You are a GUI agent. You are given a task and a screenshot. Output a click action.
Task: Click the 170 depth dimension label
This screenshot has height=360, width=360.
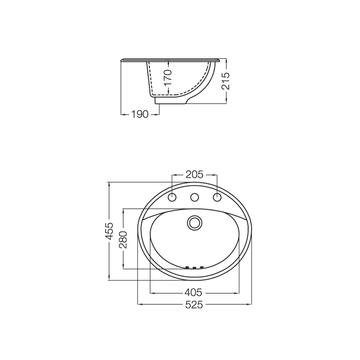[x=168, y=78]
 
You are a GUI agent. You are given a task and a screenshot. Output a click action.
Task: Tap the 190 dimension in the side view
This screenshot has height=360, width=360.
[x=140, y=114]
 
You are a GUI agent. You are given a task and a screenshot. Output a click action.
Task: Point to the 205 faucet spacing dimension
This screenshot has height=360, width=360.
[x=194, y=174]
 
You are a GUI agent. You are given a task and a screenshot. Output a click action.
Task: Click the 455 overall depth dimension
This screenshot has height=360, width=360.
[x=109, y=231]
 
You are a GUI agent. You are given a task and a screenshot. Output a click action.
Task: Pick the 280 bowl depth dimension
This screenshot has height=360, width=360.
[x=123, y=239]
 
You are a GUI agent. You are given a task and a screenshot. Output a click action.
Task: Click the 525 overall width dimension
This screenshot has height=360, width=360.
[x=194, y=305]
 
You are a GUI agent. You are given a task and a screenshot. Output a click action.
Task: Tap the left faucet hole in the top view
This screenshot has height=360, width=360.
[x=172, y=197]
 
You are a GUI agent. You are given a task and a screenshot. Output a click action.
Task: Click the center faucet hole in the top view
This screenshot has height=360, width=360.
[x=195, y=197]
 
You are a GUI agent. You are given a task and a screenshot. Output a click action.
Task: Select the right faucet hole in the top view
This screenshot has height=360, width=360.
[x=217, y=197]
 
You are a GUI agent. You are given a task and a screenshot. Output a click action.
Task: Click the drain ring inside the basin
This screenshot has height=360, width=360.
[x=195, y=222]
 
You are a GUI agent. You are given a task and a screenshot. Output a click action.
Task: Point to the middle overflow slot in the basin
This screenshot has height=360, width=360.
[x=194, y=267]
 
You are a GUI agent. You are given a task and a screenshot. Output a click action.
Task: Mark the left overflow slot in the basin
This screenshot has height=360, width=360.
[x=187, y=267]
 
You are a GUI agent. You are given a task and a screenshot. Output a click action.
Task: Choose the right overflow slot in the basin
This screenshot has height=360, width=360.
[x=202, y=267]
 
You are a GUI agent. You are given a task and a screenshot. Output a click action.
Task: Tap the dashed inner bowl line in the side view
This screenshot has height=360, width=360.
[x=150, y=80]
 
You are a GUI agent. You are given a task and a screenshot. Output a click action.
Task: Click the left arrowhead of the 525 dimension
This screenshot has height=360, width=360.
[x=139, y=305]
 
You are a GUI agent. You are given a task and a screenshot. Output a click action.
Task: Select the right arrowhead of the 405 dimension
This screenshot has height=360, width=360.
[x=237, y=293]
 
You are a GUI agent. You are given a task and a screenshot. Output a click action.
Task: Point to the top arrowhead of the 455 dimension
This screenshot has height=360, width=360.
[x=109, y=184]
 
